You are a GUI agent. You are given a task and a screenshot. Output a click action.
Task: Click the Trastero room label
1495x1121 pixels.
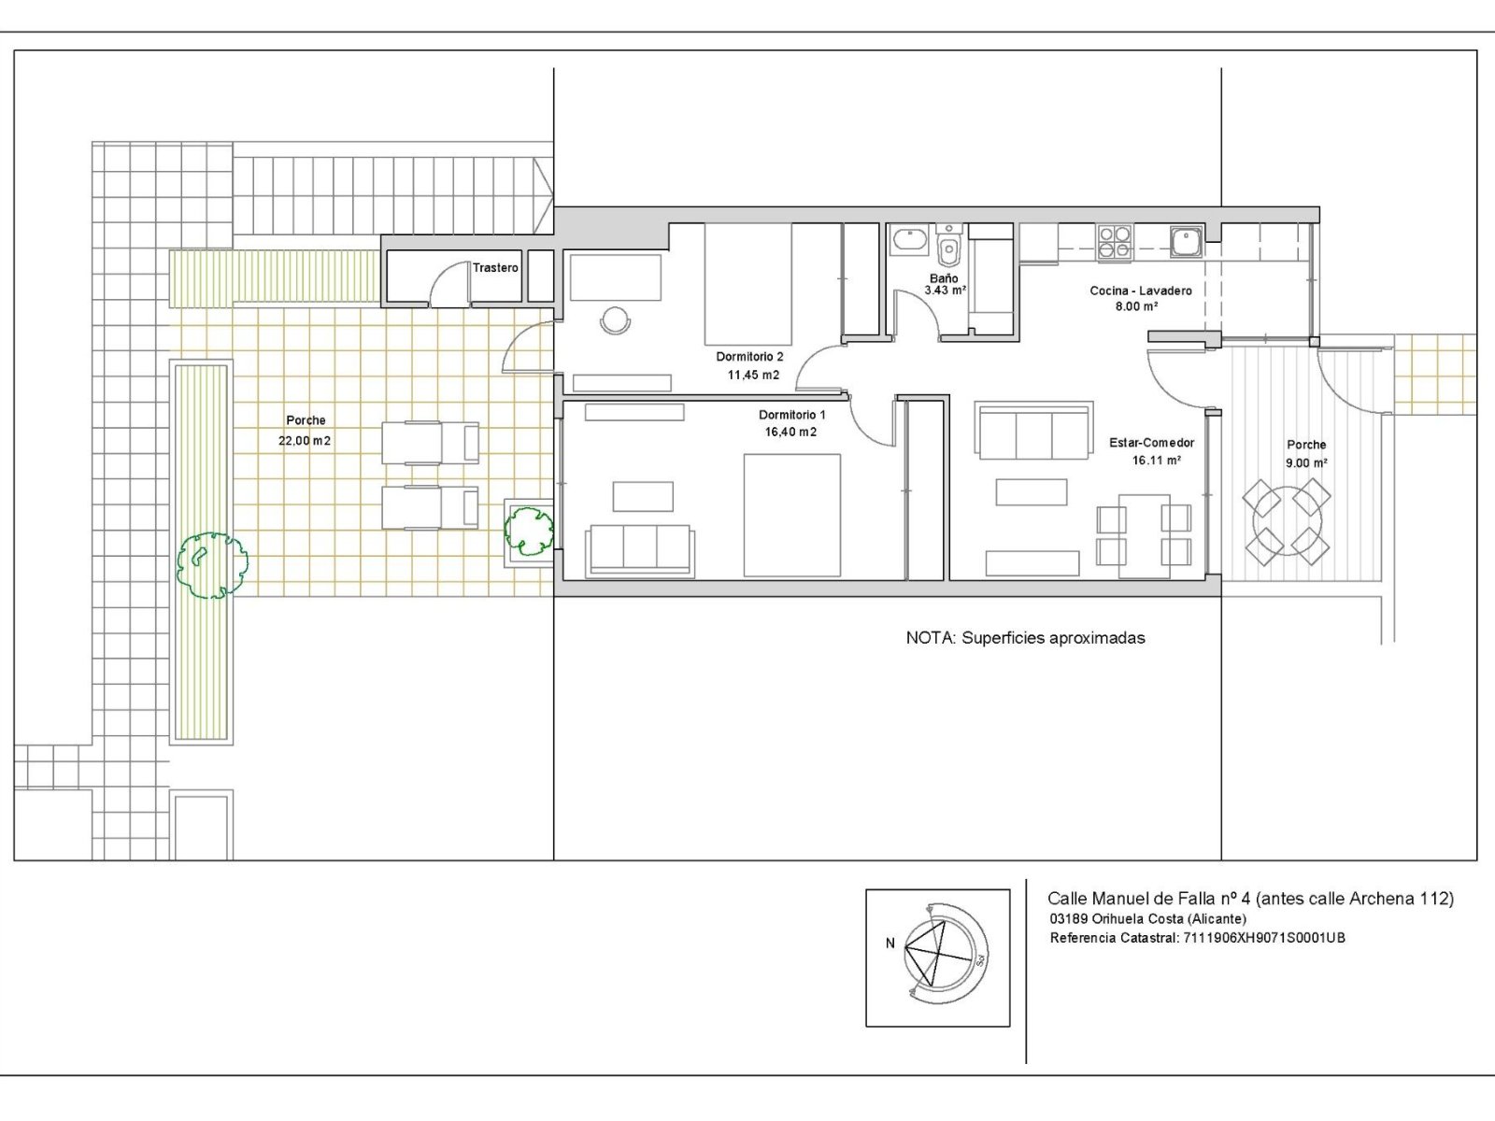pos(495,268)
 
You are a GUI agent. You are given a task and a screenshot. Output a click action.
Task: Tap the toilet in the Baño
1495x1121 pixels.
pos(948,247)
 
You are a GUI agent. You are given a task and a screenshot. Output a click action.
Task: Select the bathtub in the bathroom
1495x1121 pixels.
pos(909,240)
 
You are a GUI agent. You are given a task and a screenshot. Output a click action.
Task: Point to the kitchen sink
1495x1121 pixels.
pos(1187,242)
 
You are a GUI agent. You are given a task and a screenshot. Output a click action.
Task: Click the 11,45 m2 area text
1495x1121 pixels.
pos(753,375)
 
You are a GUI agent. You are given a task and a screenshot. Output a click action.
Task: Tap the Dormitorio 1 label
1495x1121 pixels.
pos(792,415)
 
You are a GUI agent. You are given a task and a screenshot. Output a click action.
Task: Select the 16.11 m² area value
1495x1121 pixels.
pos(1156,461)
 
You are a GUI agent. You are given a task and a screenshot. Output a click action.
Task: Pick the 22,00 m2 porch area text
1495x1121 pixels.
pos(305,441)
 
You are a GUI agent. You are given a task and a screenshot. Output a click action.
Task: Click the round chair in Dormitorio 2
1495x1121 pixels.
pos(615,319)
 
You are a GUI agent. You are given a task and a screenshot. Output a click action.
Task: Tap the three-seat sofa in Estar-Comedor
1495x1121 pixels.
pos(1034,431)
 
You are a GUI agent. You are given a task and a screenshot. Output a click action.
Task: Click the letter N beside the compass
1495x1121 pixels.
pos(890,944)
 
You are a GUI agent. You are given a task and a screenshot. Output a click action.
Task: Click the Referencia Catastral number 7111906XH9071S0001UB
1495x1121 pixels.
pos(1264,938)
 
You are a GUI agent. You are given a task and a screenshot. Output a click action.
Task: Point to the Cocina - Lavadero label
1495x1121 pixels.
pos(1141,291)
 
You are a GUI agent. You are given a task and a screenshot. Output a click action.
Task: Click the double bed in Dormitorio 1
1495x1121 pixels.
pos(792,516)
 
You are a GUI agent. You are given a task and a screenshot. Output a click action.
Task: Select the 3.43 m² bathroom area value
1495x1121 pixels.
pos(946,291)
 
